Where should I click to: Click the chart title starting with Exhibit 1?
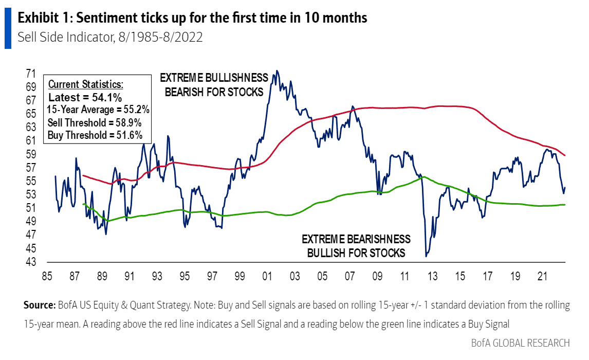pyautogui.click(x=192, y=18)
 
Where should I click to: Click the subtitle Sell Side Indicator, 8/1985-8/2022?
pyautogui.click(x=109, y=38)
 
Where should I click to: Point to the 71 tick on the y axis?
pyautogui.click(x=30, y=74)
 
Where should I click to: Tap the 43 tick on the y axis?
pyautogui.click(x=30, y=262)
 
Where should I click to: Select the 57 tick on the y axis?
pyautogui.click(x=30, y=168)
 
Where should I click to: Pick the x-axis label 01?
pyautogui.click(x=267, y=276)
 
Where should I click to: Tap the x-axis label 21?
pyautogui.click(x=541, y=276)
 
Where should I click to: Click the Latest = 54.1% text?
pyautogui.click(x=85, y=97)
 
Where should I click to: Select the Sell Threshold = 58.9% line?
pyautogui.click(x=94, y=123)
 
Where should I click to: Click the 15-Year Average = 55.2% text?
pyautogui.click(x=98, y=110)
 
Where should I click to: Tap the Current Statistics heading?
pyautogui.click(x=86, y=84)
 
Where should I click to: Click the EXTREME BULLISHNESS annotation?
pyautogui.click(x=214, y=78)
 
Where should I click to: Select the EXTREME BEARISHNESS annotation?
pyautogui.click(x=356, y=240)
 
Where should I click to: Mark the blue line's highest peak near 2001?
pyautogui.click(x=278, y=71)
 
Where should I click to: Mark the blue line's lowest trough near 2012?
pyautogui.click(x=426, y=256)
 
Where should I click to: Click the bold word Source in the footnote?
pyautogui.click(x=40, y=305)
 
